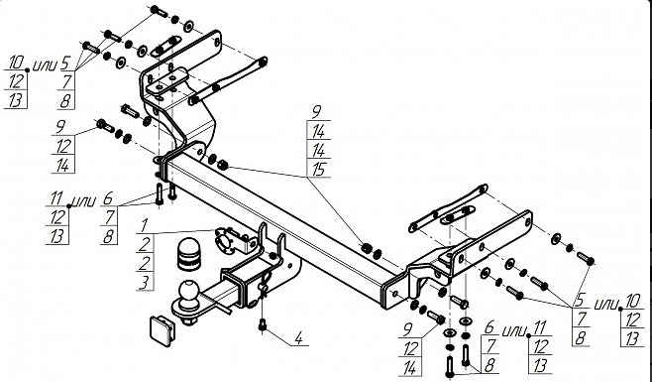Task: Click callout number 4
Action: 298,338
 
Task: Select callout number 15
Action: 319,170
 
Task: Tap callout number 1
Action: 144,225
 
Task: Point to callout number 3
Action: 144,283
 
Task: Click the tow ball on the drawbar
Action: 189,291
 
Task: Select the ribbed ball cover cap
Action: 189,254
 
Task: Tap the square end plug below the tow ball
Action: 163,331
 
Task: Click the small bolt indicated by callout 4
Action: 263,324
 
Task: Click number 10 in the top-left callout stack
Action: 16,63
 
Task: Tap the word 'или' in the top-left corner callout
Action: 44,65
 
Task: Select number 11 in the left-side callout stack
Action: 56,198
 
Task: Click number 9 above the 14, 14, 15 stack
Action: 317,112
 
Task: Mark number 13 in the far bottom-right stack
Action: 631,339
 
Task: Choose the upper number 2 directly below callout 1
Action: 145,244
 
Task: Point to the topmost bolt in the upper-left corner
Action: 159,10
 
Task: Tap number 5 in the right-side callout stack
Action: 581,300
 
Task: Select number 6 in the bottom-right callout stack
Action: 489,327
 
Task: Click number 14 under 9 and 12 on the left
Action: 62,166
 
